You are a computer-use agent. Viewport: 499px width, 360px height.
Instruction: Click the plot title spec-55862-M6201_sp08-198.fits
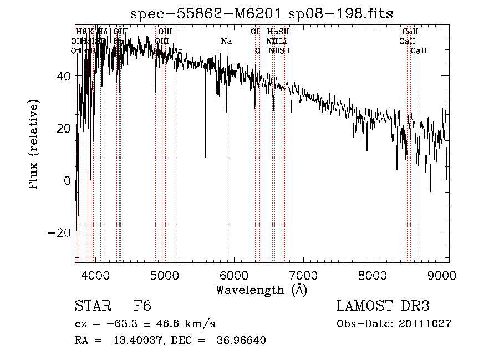(262, 13)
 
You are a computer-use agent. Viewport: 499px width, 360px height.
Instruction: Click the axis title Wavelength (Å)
(261, 289)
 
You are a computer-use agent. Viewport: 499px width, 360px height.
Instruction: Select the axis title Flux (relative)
(34, 145)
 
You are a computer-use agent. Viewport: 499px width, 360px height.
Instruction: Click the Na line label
(226, 42)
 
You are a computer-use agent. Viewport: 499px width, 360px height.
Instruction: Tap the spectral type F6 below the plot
(142, 307)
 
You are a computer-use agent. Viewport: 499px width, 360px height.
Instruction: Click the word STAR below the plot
(93, 307)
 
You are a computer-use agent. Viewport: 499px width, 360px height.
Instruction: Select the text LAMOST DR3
(383, 307)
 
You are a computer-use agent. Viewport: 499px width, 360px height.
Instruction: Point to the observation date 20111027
(424, 324)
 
